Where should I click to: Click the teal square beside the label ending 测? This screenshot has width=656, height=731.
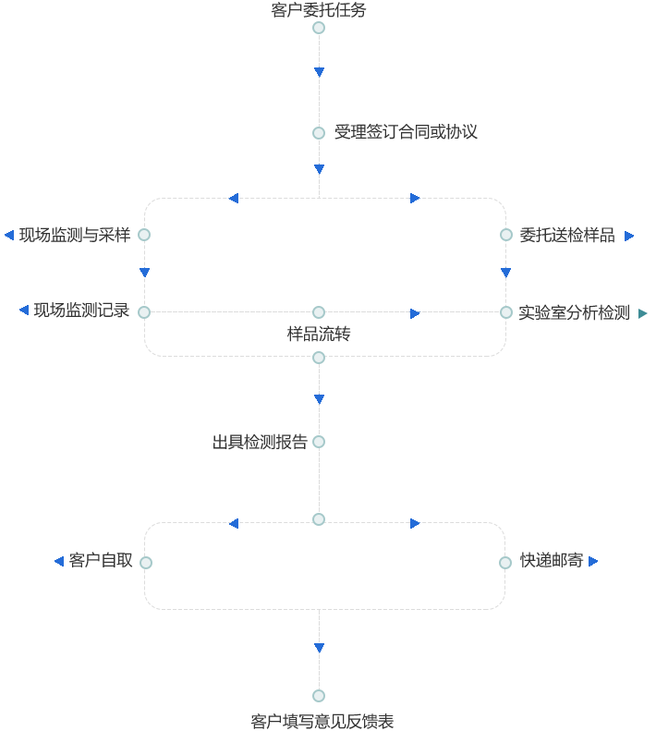642,313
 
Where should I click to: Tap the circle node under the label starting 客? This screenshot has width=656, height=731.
319,28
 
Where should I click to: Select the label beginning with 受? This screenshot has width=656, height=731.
407,132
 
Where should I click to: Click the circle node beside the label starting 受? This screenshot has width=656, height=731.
319,133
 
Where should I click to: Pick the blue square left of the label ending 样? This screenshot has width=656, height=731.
9,235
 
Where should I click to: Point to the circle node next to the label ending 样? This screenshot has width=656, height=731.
144,235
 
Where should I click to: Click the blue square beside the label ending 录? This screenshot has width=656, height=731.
24,310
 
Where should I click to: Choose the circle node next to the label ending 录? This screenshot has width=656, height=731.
144,312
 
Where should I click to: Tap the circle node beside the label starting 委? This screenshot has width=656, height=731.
506,235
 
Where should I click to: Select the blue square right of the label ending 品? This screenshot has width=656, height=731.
629,236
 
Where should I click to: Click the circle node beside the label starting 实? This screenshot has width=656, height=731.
506,312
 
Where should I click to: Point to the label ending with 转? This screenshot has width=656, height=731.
319,334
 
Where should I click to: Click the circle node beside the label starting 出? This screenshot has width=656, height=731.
319,442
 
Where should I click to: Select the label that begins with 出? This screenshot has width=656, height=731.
260,442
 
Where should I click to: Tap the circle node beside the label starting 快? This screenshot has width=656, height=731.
505,563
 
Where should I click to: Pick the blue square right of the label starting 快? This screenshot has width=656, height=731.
592,561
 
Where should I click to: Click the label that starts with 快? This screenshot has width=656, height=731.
551,560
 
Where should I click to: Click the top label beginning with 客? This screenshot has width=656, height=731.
319,10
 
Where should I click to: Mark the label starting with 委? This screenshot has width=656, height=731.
566,235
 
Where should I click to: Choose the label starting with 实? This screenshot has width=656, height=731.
573,312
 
